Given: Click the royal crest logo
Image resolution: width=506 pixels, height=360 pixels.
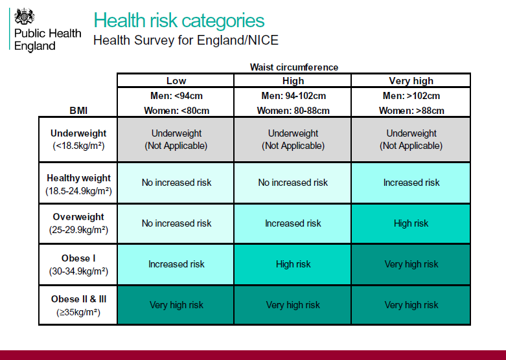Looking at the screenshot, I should [x=24, y=16].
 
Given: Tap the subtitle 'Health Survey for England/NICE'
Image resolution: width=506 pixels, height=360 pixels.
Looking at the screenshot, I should [x=186, y=40].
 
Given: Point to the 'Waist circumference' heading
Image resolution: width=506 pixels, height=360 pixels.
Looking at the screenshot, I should [x=293, y=67].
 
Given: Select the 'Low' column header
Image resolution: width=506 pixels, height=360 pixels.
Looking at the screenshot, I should [x=176, y=81].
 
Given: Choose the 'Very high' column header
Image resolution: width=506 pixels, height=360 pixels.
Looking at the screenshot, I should [x=411, y=81].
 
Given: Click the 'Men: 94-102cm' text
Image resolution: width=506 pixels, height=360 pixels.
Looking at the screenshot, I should [x=293, y=96].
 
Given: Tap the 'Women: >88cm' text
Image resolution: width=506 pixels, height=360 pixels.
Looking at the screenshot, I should [x=411, y=111].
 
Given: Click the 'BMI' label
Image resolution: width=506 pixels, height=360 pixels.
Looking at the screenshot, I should [x=78, y=111].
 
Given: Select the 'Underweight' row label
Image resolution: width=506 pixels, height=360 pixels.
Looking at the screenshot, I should [x=78, y=134].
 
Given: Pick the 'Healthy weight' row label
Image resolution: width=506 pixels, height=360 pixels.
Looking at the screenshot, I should [x=78, y=178].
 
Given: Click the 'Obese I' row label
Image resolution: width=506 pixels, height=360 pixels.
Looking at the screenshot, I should [x=78, y=258].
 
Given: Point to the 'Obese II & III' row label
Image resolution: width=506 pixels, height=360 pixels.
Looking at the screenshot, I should [x=78, y=299].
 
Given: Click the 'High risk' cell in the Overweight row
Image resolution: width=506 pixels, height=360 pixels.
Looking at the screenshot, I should [x=411, y=223].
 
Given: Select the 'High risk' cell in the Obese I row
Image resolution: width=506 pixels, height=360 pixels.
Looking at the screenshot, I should [x=293, y=264].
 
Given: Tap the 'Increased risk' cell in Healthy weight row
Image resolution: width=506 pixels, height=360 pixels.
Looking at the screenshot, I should [x=411, y=183].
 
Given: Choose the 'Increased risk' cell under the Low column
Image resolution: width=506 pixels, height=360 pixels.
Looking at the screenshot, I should [x=176, y=264].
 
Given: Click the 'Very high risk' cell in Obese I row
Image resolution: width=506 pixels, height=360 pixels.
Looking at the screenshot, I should [x=411, y=264].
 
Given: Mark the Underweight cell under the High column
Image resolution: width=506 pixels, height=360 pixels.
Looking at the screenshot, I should [x=293, y=139].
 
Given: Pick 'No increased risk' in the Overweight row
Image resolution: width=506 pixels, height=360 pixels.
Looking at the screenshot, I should [x=176, y=223].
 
